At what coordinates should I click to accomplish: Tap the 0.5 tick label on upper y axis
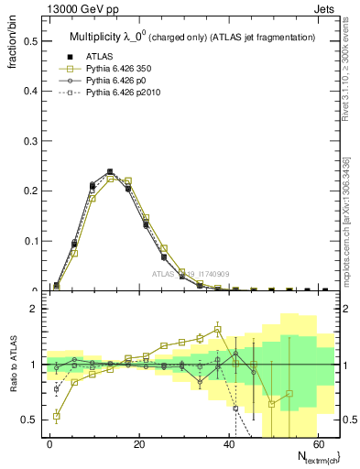click(x=31, y=41)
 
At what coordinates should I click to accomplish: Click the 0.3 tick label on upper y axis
click(x=31, y=141)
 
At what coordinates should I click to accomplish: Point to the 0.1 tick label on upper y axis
click(x=31, y=241)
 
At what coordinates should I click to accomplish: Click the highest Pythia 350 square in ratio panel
click(x=217, y=329)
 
